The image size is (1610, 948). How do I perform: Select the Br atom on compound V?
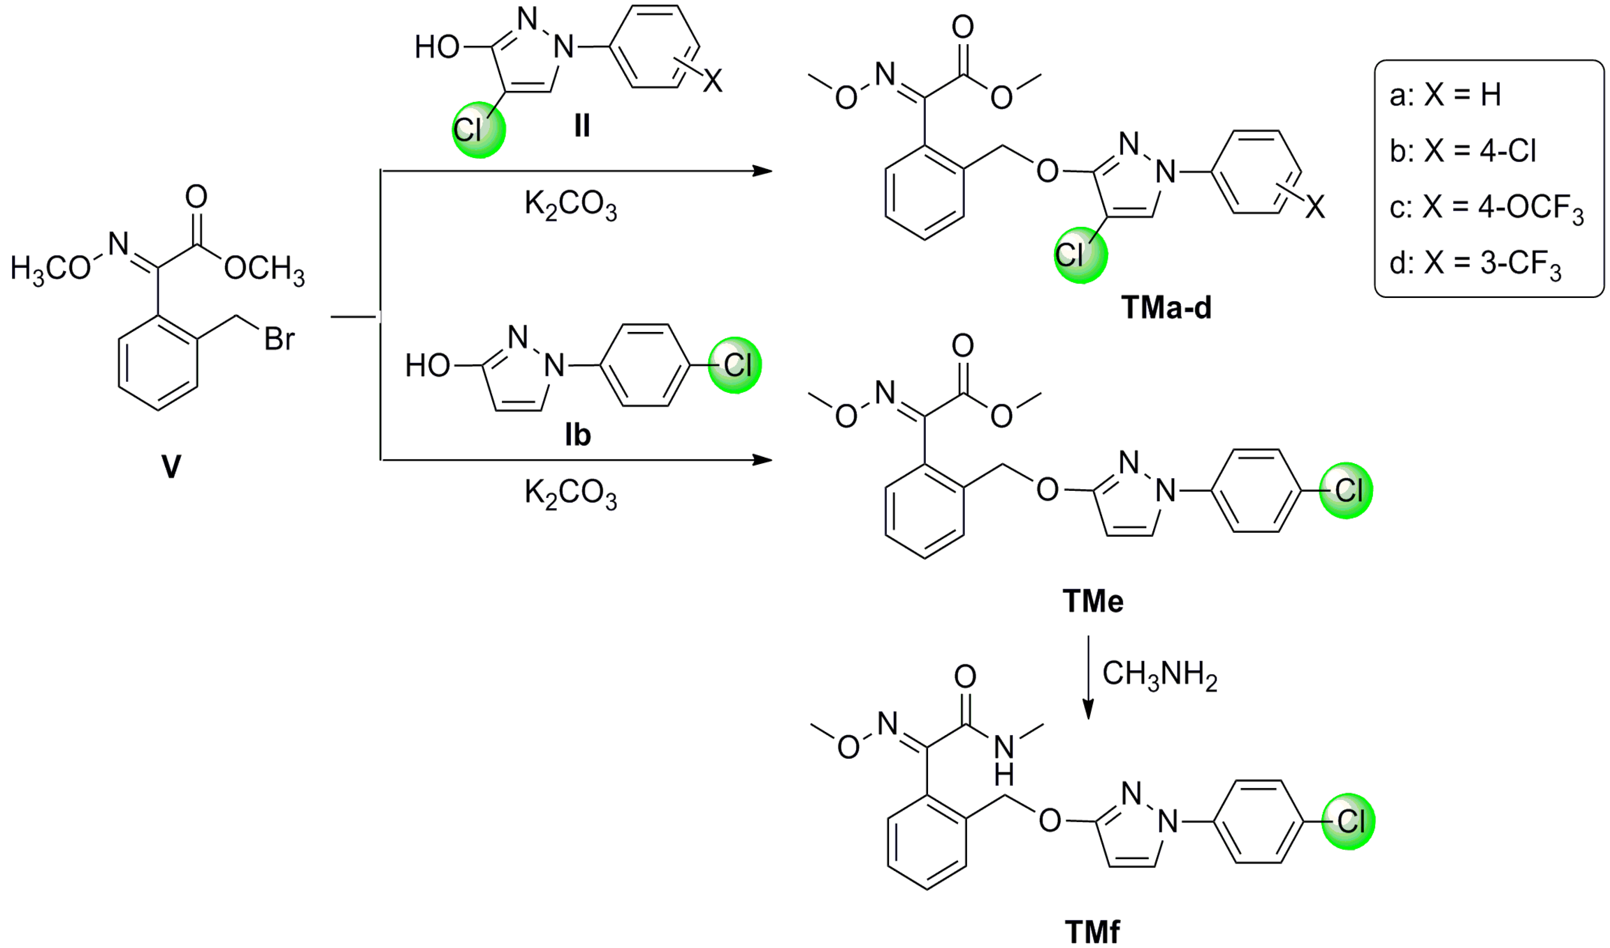pos(280,339)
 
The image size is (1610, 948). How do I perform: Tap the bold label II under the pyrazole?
pos(581,125)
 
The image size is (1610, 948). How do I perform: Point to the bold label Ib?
pos(578,435)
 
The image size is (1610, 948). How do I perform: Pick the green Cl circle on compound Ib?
pos(735,366)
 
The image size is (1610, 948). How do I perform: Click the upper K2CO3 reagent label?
pos(571,205)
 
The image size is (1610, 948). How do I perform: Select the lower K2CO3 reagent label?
pos(571,494)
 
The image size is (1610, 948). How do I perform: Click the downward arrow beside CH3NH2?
pos(1089,677)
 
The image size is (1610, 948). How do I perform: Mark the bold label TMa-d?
pos(1166,308)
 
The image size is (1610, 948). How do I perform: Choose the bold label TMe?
pos(1093,601)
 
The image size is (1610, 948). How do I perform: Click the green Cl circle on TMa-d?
pos(1080,255)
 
